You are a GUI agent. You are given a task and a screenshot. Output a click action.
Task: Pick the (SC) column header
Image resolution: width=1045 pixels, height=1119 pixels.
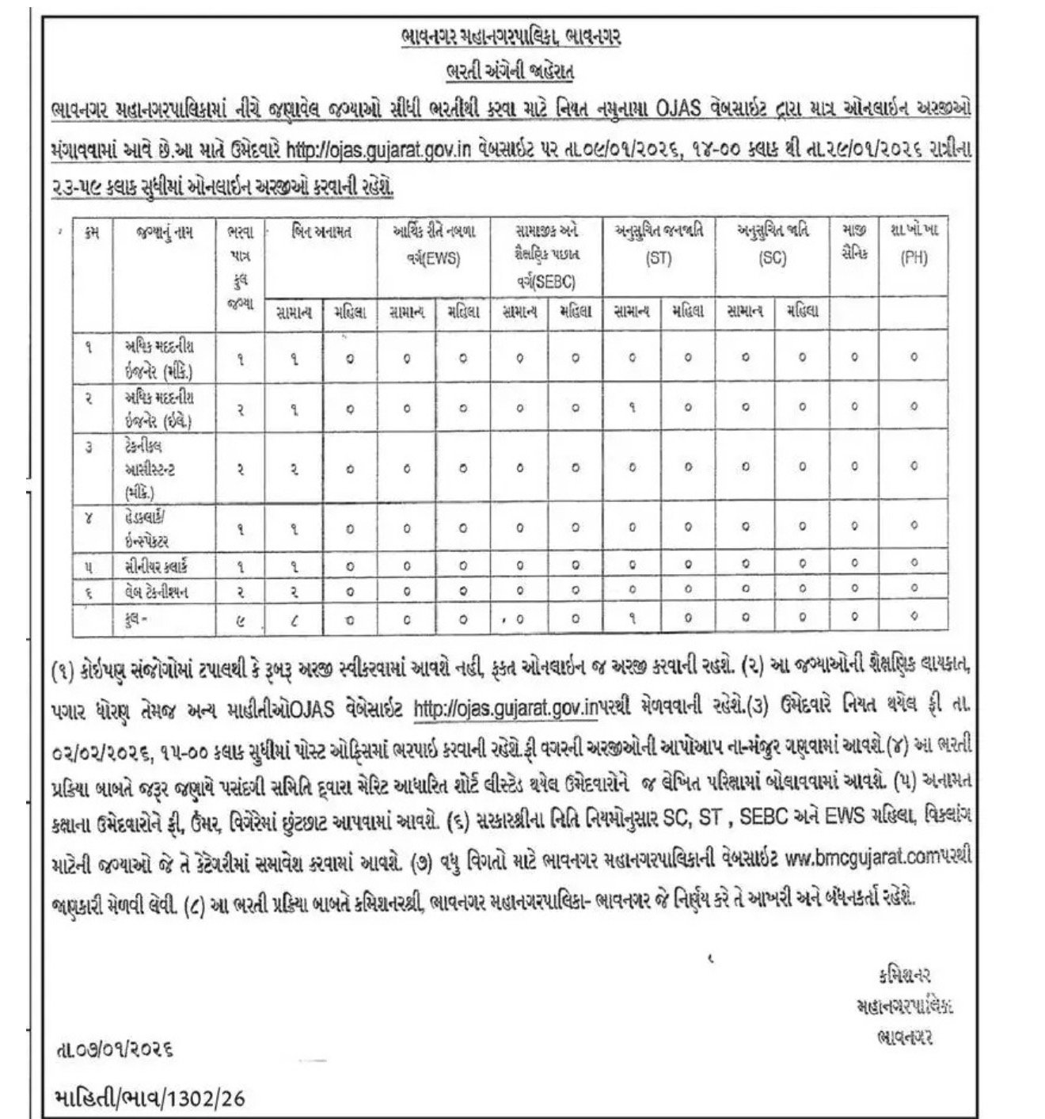point(772,258)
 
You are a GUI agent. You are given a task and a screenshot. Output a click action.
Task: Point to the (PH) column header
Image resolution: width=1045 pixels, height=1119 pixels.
point(914,258)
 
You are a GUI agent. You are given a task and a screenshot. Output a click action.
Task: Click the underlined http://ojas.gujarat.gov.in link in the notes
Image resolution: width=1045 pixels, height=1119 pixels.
point(503,710)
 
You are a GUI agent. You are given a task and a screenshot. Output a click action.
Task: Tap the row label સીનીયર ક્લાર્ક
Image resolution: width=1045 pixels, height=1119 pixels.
point(156,565)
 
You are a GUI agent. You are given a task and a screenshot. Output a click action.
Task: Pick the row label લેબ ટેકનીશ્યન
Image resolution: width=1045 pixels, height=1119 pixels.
point(156,591)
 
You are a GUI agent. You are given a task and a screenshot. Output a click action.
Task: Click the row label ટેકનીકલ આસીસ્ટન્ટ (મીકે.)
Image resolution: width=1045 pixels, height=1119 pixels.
point(150,469)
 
